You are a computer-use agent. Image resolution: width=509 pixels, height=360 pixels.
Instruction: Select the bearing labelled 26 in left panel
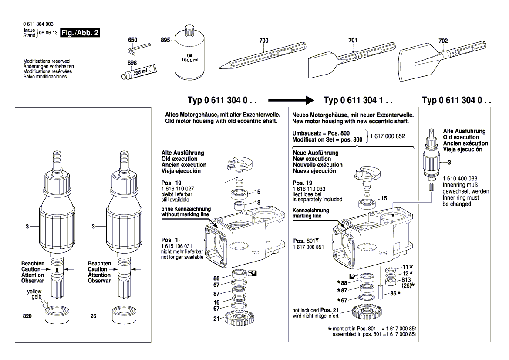pos(124,316)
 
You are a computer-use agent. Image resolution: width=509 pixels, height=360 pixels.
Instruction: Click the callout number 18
pos(257,203)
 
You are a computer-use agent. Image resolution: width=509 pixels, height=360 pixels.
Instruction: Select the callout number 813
pos(406,279)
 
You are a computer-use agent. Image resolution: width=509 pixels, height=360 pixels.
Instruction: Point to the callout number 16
pos(216,302)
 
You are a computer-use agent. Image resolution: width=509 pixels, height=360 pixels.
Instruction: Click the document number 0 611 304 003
pos(38,24)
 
